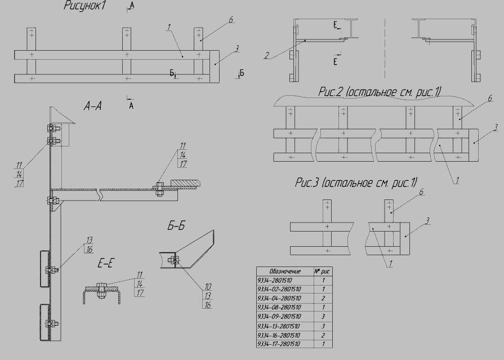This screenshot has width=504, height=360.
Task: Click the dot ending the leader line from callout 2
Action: coord(305,40)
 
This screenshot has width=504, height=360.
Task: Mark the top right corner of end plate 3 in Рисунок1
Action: coord(220,51)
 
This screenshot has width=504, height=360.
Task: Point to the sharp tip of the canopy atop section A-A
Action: coord(75,123)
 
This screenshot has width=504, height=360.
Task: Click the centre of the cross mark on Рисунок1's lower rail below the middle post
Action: coord(128,78)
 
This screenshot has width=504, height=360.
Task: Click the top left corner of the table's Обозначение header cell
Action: coord(256,266)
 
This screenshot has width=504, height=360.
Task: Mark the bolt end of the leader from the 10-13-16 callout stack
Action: coord(175,260)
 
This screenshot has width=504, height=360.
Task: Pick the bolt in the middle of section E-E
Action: coord(101,290)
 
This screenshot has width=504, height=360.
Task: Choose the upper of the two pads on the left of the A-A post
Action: coord(45,269)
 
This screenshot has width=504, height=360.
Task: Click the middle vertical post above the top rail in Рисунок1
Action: coord(127,39)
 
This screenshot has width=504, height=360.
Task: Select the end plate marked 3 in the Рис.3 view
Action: coord(405,238)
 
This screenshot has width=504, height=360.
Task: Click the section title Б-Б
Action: coord(176,226)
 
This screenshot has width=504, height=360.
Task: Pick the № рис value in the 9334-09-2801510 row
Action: coord(323,317)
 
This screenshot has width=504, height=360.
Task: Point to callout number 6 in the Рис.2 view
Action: coord(490,99)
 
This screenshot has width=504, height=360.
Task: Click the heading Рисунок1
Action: coord(84,6)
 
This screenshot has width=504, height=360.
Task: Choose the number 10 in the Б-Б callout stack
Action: coord(208,287)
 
